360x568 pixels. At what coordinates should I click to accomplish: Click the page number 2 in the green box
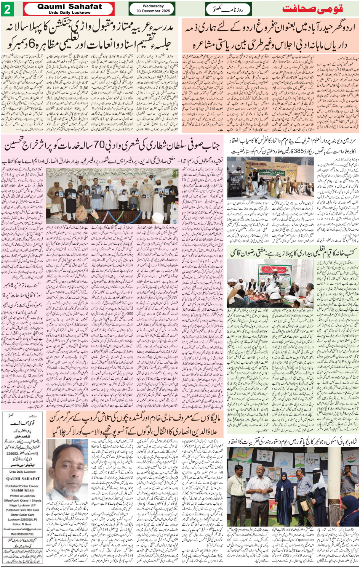click(8, 9)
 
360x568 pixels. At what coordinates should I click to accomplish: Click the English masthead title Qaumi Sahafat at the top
click(70, 6)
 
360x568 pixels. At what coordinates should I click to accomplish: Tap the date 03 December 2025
click(153, 11)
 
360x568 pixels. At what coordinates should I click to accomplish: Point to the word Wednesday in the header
click(153, 6)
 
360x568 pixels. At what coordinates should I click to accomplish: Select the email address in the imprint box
click(22, 529)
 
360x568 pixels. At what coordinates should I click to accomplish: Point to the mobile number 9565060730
click(22, 533)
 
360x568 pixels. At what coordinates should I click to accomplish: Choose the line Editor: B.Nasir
click(22, 524)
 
